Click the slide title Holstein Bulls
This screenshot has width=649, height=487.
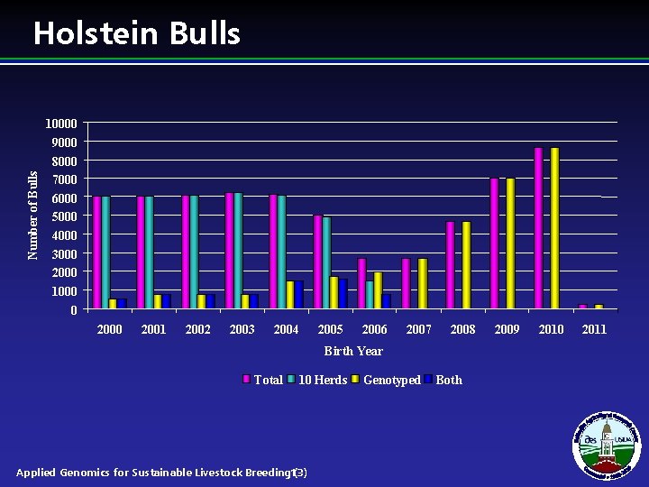pos(137,33)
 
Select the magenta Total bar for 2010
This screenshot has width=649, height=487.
pos(538,229)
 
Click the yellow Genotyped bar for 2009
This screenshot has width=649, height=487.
pos(510,244)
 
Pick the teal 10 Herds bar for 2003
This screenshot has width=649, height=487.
pos(238,252)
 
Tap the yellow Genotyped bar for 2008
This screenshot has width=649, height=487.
pos(466,266)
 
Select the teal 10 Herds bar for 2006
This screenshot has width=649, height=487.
pos(370,295)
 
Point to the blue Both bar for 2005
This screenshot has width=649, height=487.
pos(343,294)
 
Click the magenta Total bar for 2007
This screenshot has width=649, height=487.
pos(406,284)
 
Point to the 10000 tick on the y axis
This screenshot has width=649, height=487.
pos(62,123)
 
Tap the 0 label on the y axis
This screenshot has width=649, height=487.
pos(73,310)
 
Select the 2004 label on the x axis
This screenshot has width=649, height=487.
pos(286,329)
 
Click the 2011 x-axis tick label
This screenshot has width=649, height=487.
pos(594,329)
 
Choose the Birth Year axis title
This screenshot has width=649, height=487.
pos(353,351)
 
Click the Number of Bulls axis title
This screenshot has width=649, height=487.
pos(33,216)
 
